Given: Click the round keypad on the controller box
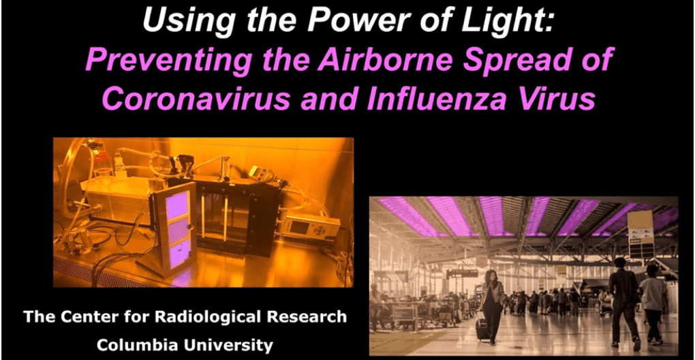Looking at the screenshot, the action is click(x=320, y=229).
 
